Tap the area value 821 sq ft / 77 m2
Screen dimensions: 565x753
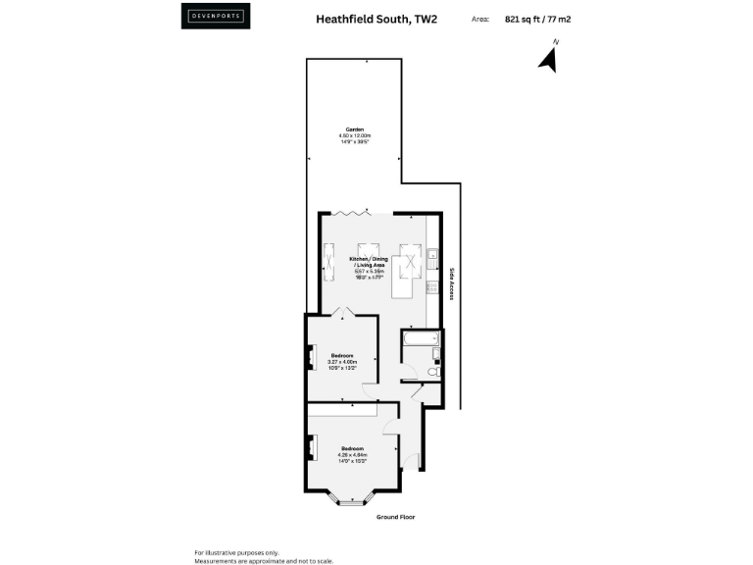tap(537, 18)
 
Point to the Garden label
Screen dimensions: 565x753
tap(354, 133)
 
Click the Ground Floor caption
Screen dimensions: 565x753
tap(396, 516)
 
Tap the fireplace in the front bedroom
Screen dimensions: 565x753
tap(312, 447)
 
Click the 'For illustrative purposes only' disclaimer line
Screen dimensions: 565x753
tap(236, 552)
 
